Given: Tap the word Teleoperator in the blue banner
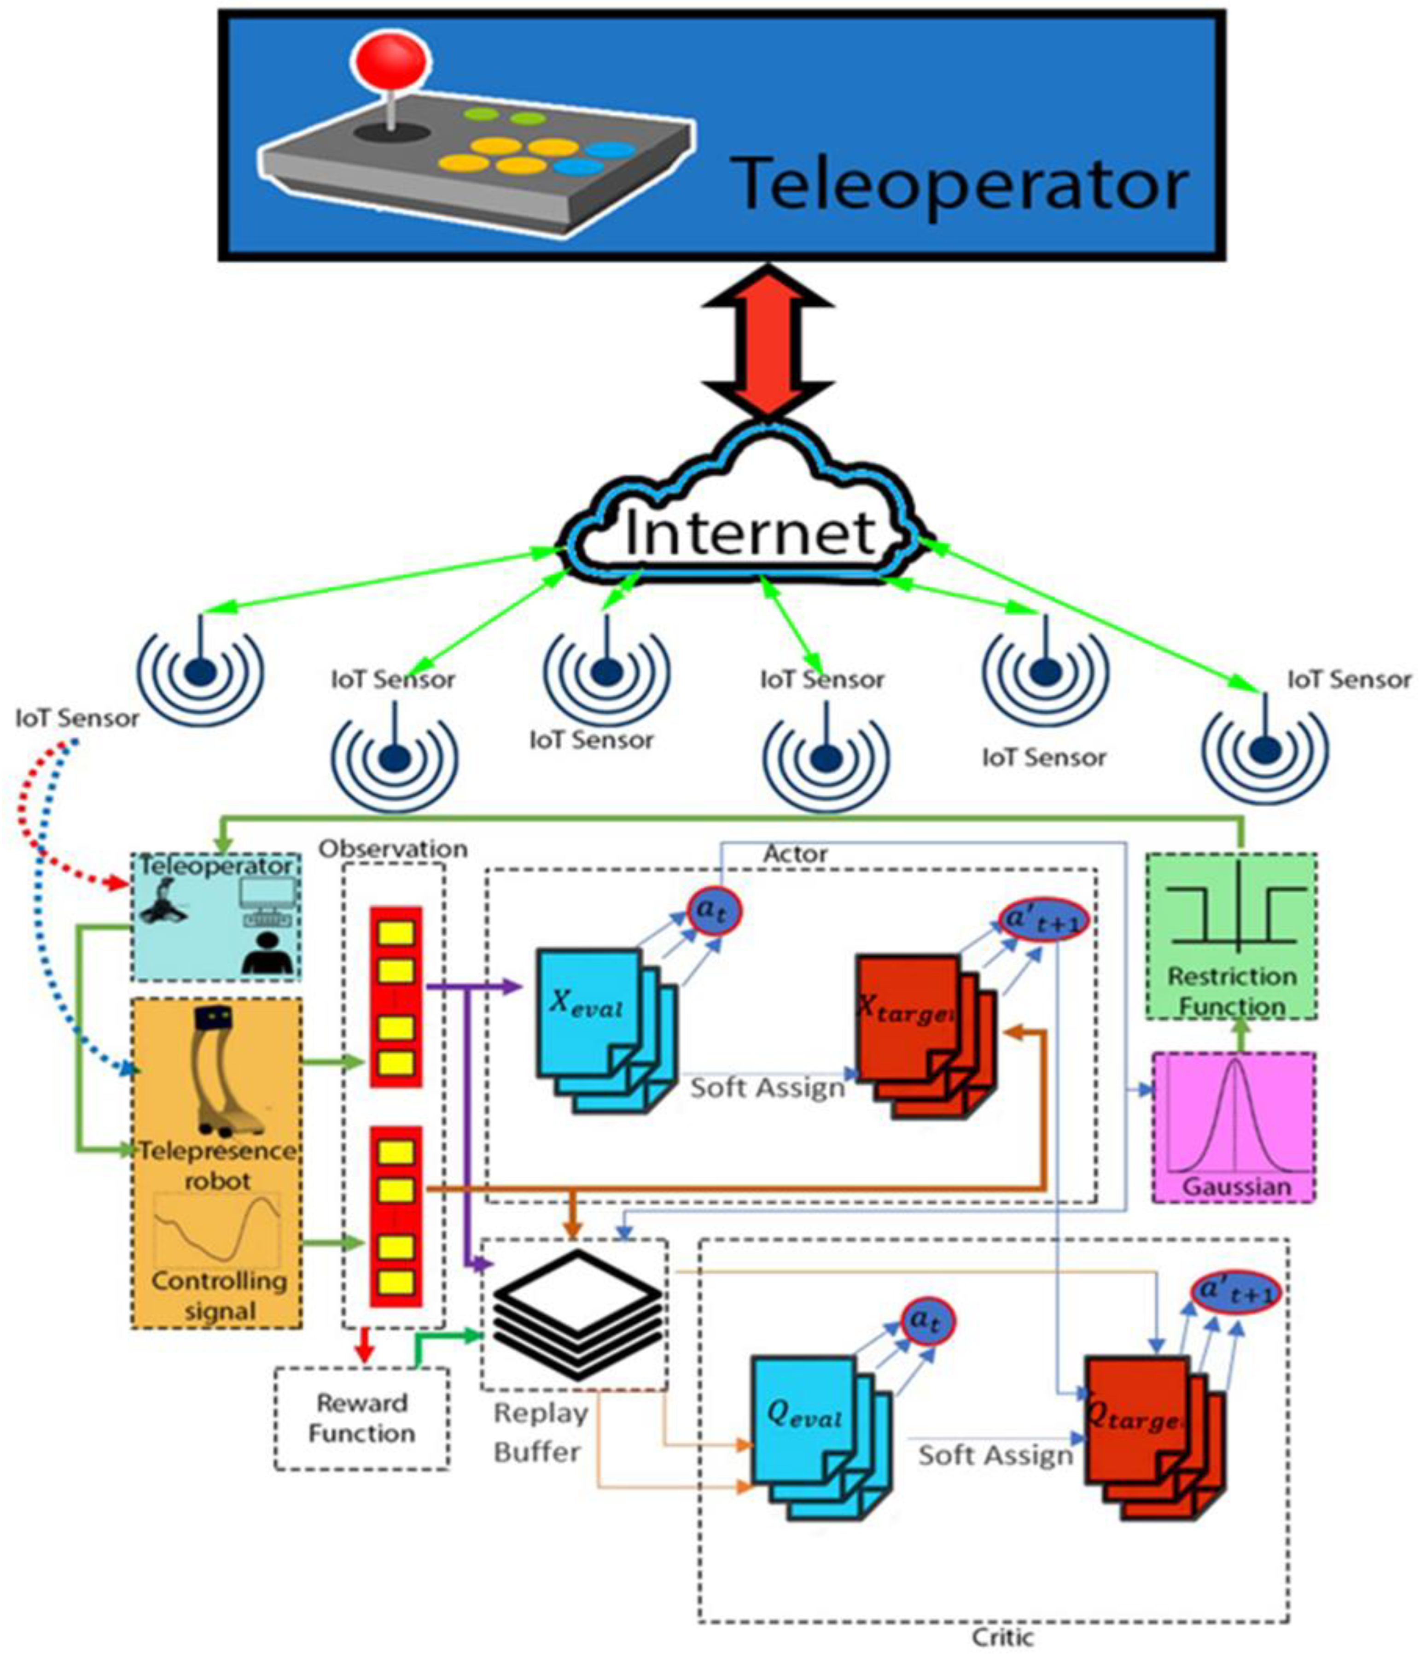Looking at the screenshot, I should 961,184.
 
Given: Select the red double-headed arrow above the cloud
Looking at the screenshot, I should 768,341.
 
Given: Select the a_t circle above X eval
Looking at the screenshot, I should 715,910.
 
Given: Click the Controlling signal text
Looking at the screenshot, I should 219,1295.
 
